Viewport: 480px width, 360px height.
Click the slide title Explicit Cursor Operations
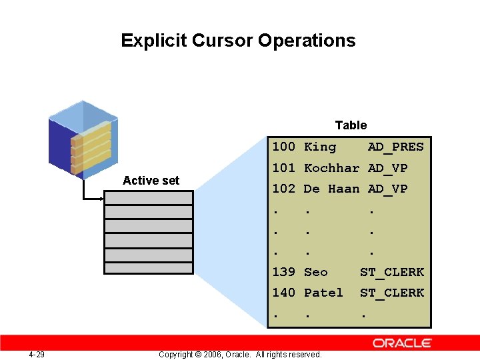point(238,41)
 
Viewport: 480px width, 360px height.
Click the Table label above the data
point(351,125)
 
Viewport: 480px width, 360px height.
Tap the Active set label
point(151,181)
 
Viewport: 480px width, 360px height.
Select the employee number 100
point(283,147)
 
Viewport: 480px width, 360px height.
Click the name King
point(320,147)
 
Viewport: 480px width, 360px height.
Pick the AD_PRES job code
point(395,147)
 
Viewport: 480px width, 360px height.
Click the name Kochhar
point(331,168)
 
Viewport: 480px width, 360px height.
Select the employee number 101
point(283,168)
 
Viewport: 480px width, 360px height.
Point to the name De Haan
point(331,189)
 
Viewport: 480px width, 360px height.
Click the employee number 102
point(283,189)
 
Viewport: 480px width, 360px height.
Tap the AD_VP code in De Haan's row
point(387,189)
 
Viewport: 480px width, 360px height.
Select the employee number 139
point(283,272)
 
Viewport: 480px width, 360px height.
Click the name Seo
point(316,272)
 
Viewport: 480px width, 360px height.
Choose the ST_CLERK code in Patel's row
point(392,293)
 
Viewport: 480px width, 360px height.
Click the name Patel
point(323,293)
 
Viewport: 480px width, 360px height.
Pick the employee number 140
point(283,293)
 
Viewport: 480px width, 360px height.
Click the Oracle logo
point(402,343)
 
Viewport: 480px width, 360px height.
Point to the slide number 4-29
point(37,354)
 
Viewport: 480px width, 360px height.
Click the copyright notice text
point(240,354)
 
